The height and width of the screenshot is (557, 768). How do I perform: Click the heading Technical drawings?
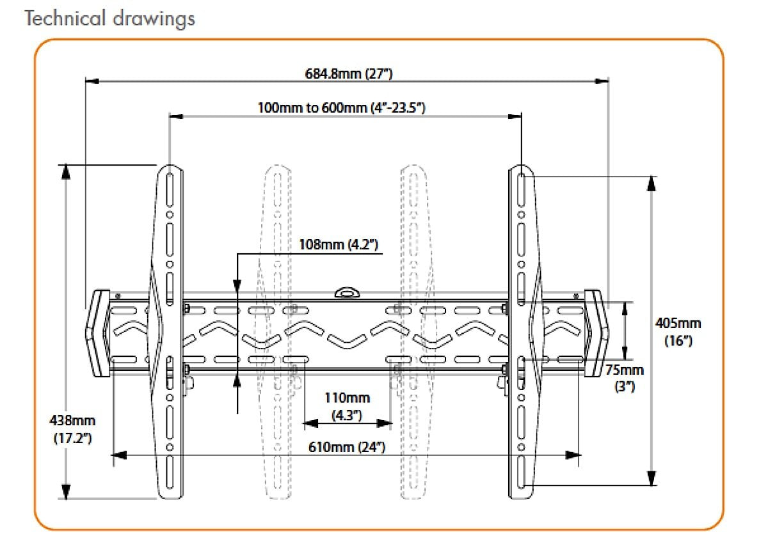coord(109,18)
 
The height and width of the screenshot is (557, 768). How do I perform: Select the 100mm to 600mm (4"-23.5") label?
coord(341,107)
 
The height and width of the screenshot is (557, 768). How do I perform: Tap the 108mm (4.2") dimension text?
coord(339,244)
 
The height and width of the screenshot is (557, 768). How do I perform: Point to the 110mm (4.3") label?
coord(347,407)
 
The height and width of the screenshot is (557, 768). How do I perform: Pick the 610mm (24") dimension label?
coord(347,446)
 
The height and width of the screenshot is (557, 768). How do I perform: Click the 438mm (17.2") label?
coord(72,429)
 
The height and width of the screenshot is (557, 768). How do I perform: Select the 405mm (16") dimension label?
coord(678,331)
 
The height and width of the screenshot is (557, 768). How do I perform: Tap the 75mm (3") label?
coord(625,378)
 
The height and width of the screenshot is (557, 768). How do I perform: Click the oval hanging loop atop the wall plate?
coord(347,292)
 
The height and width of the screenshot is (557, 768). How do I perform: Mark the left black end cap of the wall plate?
coord(97,334)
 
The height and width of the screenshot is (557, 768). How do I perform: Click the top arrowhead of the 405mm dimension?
coord(651,184)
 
